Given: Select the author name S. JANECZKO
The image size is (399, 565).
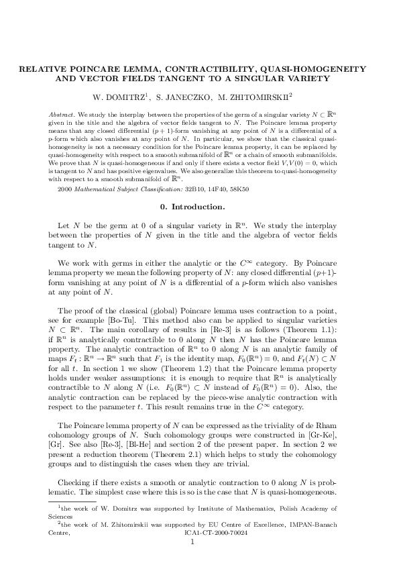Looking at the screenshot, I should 190,96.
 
